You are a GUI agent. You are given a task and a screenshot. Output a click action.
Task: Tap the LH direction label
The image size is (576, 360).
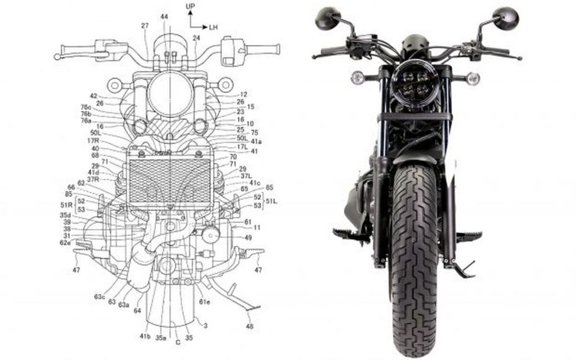click(x=214, y=26)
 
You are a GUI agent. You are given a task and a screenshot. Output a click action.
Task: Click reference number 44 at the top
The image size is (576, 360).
click(x=164, y=17)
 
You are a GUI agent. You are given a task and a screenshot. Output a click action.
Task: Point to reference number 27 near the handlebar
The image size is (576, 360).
click(x=145, y=26)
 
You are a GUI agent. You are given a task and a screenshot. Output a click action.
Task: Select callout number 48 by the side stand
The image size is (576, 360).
click(x=249, y=326)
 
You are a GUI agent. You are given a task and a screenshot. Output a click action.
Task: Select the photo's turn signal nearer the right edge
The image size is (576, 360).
click(x=474, y=78)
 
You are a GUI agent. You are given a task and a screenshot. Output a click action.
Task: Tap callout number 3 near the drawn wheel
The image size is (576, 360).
click(x=205, y=325)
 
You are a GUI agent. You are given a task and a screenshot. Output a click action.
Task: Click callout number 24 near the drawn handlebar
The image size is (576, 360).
click(x=196, y=38)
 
